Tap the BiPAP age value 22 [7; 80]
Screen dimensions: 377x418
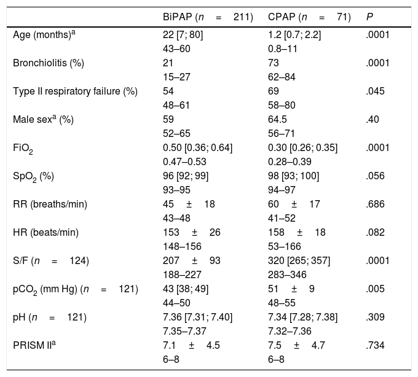pos(179,35)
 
